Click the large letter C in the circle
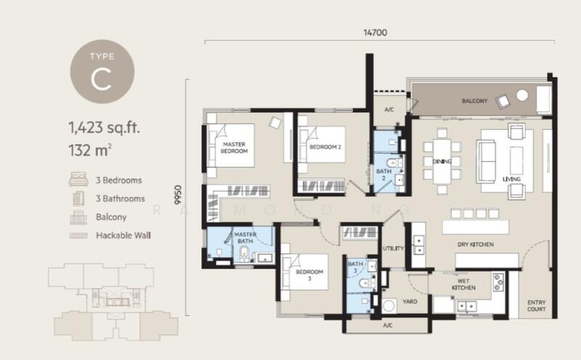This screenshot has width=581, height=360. pyautogui.click(x=101, y=79)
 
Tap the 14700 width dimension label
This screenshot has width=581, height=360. pyautogui.click(x=375, y=33)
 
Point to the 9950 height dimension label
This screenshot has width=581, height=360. pyautogui.click(x=178, y=195)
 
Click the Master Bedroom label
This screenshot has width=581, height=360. pyautogui.click(x=234, y=147)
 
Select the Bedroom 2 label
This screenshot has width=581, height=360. pyautogui.click(x=325, y=147)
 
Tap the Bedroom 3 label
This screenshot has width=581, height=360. pyautogui.click(x=309, y=275)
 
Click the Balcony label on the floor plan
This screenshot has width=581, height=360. pyautogui.click(x=475, y=101)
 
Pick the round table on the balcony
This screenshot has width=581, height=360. pyautogui.click(x=522, y=95)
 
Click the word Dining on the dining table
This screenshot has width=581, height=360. pyautogui.click(x=442, y=161)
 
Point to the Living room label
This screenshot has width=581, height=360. pyautogui.click(x=511, y=179)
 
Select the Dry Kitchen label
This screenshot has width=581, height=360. pyautogui.click(x=476, y=245)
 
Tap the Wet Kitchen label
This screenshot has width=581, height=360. pyautogui.click(x=463, y=284)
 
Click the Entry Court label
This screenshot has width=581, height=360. pyautogui.click(x=536, y=306)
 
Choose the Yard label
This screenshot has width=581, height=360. pyautogui.click(x=410, y=301)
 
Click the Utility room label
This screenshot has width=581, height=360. pyautogui.click(x=393, y=248)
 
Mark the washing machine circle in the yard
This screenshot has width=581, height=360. pyautogui.click(x=389, y=306)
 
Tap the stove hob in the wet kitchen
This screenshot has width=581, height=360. pyautogui.click(x=498, y=282)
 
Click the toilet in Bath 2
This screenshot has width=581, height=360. pyautogui.click(x=394, y=163)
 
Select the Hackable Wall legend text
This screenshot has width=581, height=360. pyautogui.click(x=123, y=236)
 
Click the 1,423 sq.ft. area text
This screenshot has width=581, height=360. pyautogui.click(x=104, y=128)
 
